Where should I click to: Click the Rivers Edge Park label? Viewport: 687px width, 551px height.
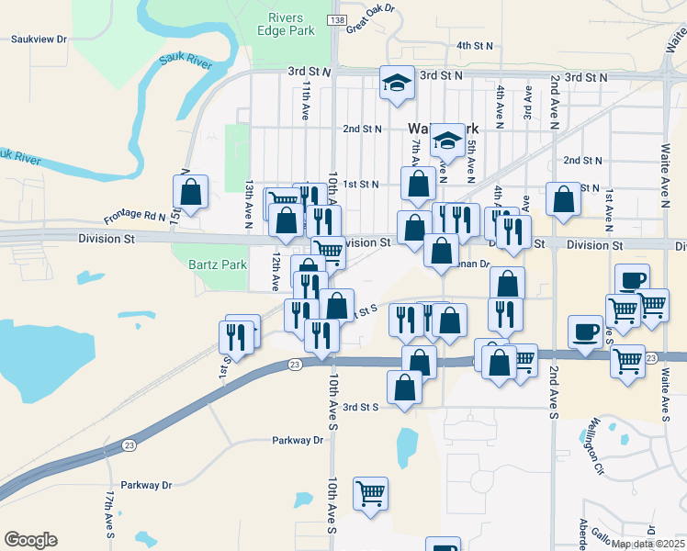coord(292,24)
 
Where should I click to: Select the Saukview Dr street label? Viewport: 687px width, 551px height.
coord(39,39)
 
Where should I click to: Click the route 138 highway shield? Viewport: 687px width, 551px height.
coord(337,20)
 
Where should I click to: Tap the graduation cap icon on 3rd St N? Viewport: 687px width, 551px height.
coord(398,82)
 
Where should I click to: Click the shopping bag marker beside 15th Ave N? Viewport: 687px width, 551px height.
coord(190,192)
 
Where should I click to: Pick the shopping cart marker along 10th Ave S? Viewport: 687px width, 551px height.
coord(370,493)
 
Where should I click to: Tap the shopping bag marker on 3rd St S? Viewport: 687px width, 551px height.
coord(405,388)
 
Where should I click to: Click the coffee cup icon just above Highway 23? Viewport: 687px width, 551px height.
coord(585,332)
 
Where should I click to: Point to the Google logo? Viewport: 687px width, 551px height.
coord(30,539)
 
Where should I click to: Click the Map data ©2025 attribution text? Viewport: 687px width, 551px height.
coord(647,544)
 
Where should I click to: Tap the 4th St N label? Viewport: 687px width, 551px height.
coord(475,45)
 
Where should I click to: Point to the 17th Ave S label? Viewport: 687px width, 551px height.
coord(108,512)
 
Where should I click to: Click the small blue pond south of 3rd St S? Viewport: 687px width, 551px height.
coord(407,448)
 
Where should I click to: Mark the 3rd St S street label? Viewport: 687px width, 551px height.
coord(360,406)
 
